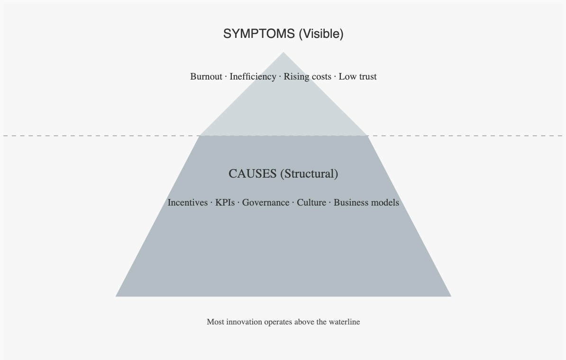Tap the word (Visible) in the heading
321,34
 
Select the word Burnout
206,76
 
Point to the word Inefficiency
253,76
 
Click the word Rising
296,76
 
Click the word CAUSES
253,174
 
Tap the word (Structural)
309,174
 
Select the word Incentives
188,203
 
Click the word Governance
265,203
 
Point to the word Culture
311,203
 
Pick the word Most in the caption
215,322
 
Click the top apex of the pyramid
283,53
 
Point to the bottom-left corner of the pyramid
117,296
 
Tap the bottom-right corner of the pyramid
450,296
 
